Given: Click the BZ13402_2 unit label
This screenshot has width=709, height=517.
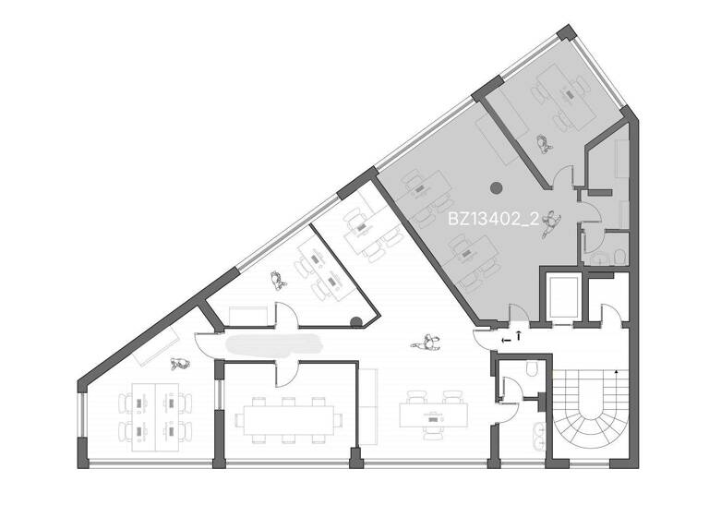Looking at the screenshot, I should coord(493,220).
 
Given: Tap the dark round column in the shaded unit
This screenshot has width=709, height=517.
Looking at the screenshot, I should coord(496,187).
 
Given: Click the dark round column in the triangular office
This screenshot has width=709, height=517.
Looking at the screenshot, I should coord(356,322).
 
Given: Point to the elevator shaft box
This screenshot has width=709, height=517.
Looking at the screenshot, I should coord(560,298).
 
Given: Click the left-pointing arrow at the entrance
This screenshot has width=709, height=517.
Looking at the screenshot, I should coord(505,340).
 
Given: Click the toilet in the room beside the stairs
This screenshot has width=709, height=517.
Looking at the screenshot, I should coord(533,369).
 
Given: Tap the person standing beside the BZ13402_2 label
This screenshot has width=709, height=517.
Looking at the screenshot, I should coord(551,222).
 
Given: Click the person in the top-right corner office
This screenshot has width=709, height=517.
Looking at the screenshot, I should coord(544,143).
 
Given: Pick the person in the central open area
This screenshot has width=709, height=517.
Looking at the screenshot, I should coord(427,343).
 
